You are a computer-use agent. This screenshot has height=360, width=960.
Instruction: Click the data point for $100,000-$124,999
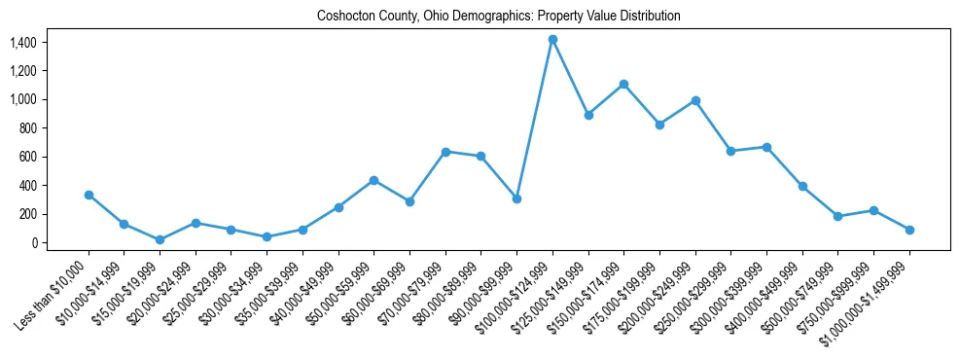pyautogui.click(x=552, y=39)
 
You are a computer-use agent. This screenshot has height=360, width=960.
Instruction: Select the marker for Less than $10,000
pyautogui.click(x=89, y=195)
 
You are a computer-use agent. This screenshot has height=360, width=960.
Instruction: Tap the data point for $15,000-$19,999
pyautogui.click(x=160, y=239)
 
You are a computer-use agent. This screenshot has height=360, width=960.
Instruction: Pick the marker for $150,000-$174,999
pyautogui.click(x=623, y=84)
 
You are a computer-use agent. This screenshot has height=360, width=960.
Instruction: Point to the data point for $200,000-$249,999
pyautogui.click(x=695, y=100)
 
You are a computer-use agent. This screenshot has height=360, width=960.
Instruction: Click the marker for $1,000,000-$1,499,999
pyautogui.click(x=909, y=230)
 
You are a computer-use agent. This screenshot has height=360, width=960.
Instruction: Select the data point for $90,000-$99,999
pyautogui.click(x=516, y=198)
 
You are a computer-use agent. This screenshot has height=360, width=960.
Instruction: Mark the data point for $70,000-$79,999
pyautogui.click(x=445, y=152)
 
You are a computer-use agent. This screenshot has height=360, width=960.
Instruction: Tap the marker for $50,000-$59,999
pyautogui.click(x=374, y=180)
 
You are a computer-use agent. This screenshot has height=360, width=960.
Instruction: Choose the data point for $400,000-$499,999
pyautogui.click(x=802, y=186)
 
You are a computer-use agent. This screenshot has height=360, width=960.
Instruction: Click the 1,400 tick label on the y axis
pyautogui.click(x=22, y=43)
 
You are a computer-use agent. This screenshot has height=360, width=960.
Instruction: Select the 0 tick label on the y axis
pyautogui.click(x=32, y=242)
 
